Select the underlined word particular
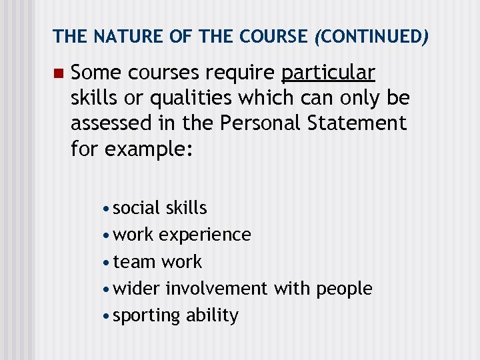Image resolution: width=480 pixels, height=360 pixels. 329,72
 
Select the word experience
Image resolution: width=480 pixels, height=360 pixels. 205,235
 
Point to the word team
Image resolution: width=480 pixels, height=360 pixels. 135,261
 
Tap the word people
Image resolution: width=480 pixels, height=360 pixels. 345,289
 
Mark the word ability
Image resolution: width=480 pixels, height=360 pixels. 212,315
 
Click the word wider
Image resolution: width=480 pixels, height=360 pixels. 137,289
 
